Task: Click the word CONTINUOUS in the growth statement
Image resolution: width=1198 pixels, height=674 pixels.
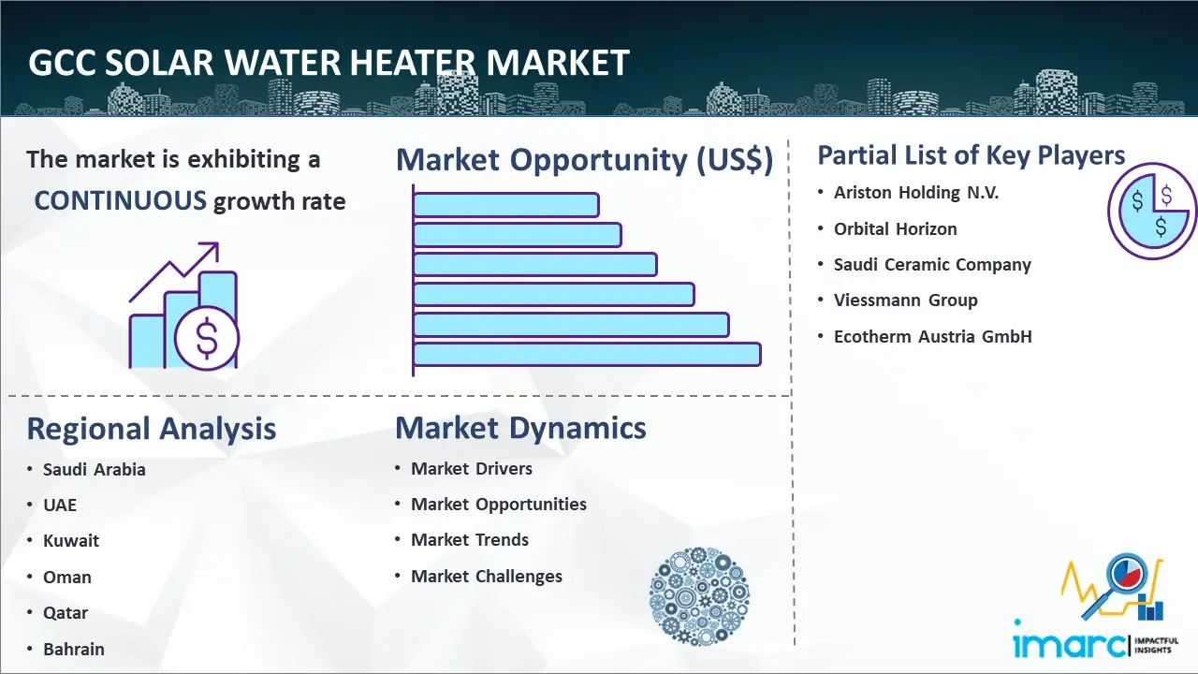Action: click(x=121, y=201)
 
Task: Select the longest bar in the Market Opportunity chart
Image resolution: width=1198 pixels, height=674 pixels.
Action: click(x=587, y=354)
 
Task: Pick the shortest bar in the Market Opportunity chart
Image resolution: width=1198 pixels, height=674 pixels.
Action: click(x=505, y=204)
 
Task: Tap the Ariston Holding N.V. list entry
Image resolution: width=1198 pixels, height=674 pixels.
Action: click(x=916, y=193)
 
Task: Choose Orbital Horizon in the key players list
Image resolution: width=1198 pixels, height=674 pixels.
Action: click(x=895, y=228)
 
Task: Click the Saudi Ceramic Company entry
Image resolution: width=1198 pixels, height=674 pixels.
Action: click(x=932, y=265)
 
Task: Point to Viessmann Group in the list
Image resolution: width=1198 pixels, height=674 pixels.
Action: click(x=905, y=300)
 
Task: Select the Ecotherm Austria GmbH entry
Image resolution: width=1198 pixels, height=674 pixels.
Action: click(x=932, y=337)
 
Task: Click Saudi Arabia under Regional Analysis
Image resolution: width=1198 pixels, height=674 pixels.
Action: click(x=94, y=469)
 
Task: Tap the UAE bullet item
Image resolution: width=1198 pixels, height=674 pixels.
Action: click(x=60, y=505)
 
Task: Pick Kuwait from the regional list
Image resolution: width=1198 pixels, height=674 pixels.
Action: click(x=70, y=541)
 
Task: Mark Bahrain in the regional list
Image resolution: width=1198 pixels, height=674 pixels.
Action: click(x=73, y=649)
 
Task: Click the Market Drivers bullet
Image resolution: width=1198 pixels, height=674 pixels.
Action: click(x=472, y=469)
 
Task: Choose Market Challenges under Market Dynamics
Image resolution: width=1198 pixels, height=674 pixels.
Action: click(x=487, y=577)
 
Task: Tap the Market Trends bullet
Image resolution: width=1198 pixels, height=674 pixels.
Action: click(x=470, y=540)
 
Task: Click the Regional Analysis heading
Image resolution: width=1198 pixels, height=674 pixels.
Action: click(x=151, y=429)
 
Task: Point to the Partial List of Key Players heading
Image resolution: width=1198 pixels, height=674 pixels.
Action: click(x=971, y=155)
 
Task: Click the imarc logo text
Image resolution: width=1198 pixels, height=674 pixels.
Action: click(x=1069, y=644)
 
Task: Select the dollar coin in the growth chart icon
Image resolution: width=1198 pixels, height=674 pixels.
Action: click(x=207, y=340)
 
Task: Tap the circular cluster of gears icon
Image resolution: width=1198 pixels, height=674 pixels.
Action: click(x=699, y=596)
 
